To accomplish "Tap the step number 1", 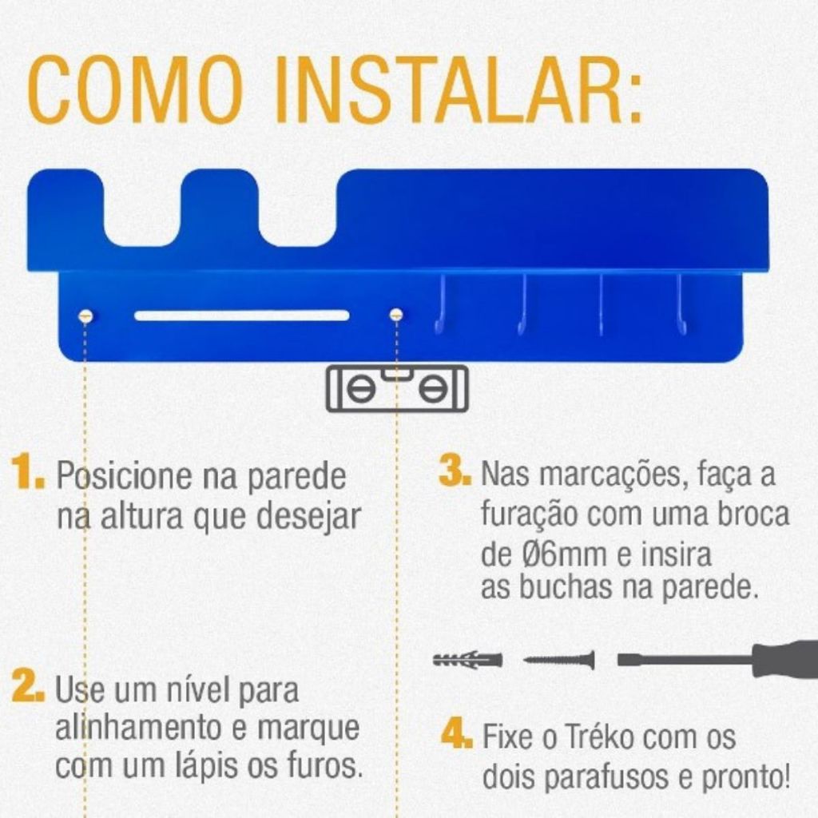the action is pos(28,473).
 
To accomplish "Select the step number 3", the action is pos(455,471).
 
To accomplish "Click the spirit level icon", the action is pos(398,389).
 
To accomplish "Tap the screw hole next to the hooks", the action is pos(396,315).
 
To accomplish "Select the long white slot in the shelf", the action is pos(242,316).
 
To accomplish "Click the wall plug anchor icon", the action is pos(467,659).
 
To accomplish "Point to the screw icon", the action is pos(558,660).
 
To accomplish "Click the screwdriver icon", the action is pos(718,659).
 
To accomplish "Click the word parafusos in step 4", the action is pos(609,779).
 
